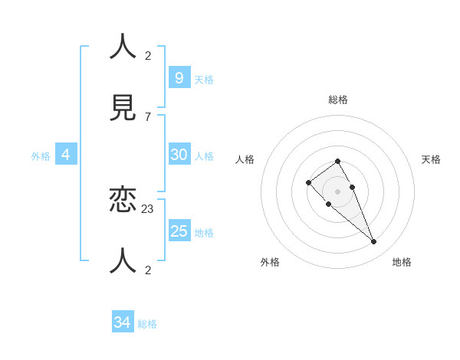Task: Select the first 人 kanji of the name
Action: tap(123, 47)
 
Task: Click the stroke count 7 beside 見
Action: tap(147, 116)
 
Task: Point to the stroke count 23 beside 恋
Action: tap(148, 208)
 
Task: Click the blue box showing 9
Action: tap(179, 77)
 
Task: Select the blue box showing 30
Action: tap(179, 154)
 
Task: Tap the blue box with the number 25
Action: tap(179, 231)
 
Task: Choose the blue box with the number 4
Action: tap(66, 154)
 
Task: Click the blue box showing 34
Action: tap(123, 322)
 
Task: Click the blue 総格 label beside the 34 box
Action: tap(147, 324)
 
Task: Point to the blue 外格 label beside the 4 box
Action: tap(41, 156)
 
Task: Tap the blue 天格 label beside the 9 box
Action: tap(204, 80)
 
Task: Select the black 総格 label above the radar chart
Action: tap(338, 100)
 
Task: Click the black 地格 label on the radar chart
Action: tap(402, 262)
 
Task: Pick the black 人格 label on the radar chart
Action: tap(245, 159)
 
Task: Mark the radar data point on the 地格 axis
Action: tap(374, 242)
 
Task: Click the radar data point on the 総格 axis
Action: tap(337, 161)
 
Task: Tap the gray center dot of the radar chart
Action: tap(337, 191)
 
